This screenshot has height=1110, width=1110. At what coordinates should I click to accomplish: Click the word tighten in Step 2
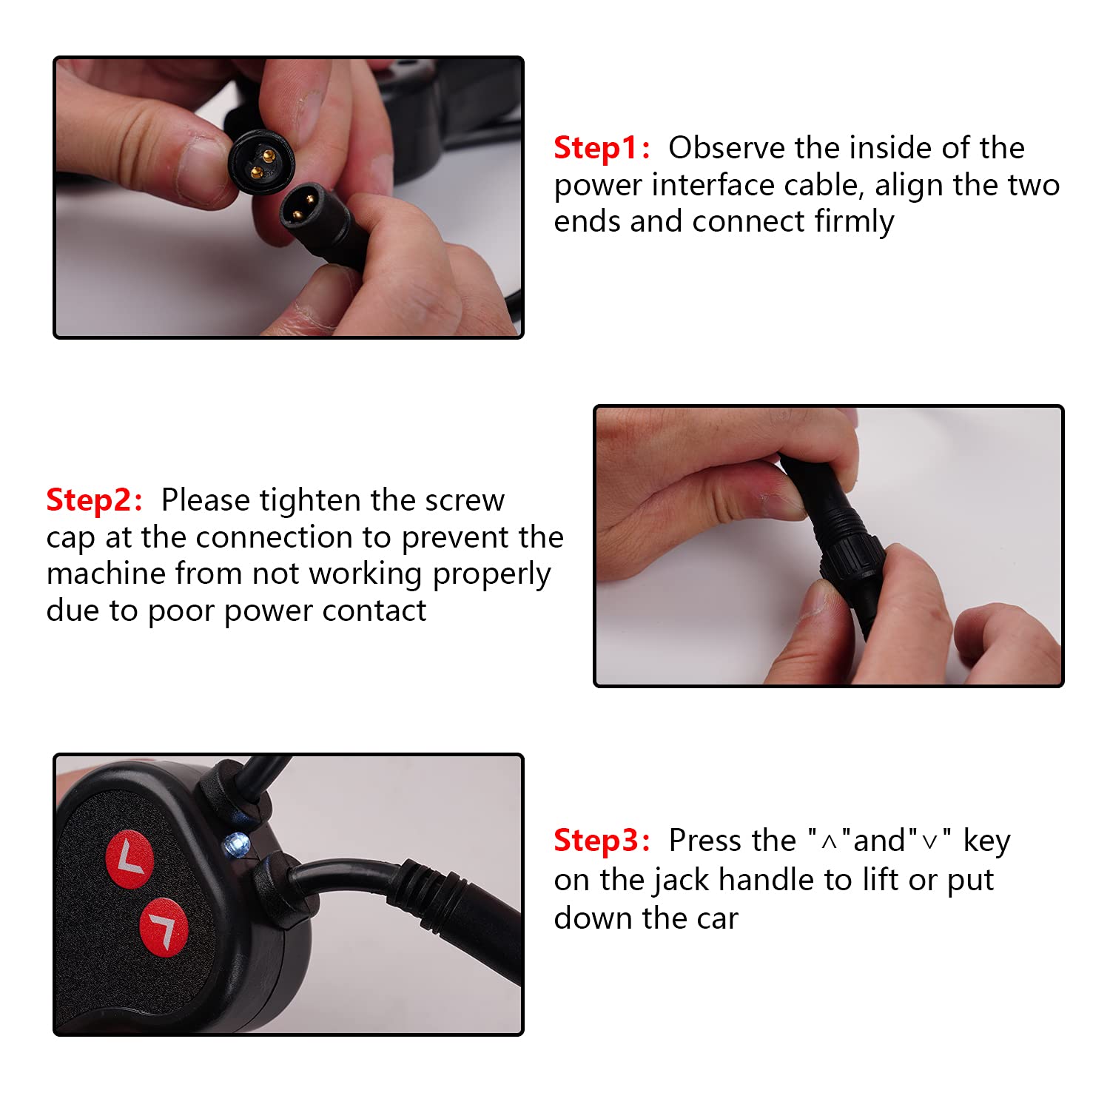click(x=311, y=501)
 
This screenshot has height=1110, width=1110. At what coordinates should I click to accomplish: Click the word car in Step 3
click(x=718, y=919)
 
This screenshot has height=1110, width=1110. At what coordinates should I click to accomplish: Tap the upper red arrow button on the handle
click(x=129, y=860)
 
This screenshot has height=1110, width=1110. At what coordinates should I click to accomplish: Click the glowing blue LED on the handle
click(x=237, y=844)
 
